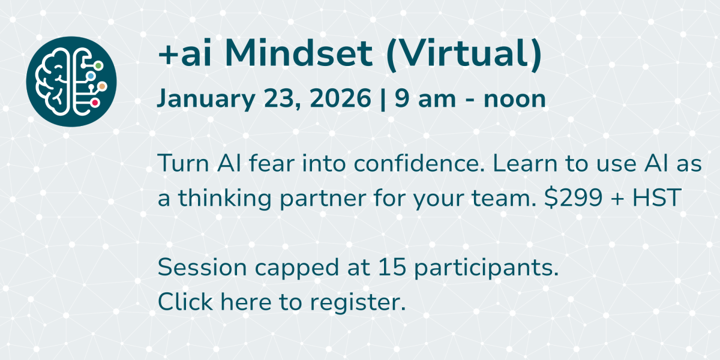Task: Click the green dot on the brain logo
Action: pos(98,66)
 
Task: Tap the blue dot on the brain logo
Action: pos(91,76)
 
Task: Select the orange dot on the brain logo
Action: pos(102,86)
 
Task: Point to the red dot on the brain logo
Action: pos(95,103)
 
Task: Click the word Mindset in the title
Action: pos(298,53)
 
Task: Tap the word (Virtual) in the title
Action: pos(464,55)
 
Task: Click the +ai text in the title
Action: pos(185,55)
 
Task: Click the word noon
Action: pos(515,100)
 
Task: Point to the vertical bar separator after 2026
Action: pos(383,99)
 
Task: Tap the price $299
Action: pos(574,197)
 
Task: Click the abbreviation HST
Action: pos(656,197)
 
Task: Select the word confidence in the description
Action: pos(419,163)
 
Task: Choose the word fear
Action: pos(272,163)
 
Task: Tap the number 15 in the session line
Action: pos(392,267)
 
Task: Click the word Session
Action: pos(202,267)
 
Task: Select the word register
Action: pos(358,304)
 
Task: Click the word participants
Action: pos(487,269)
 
